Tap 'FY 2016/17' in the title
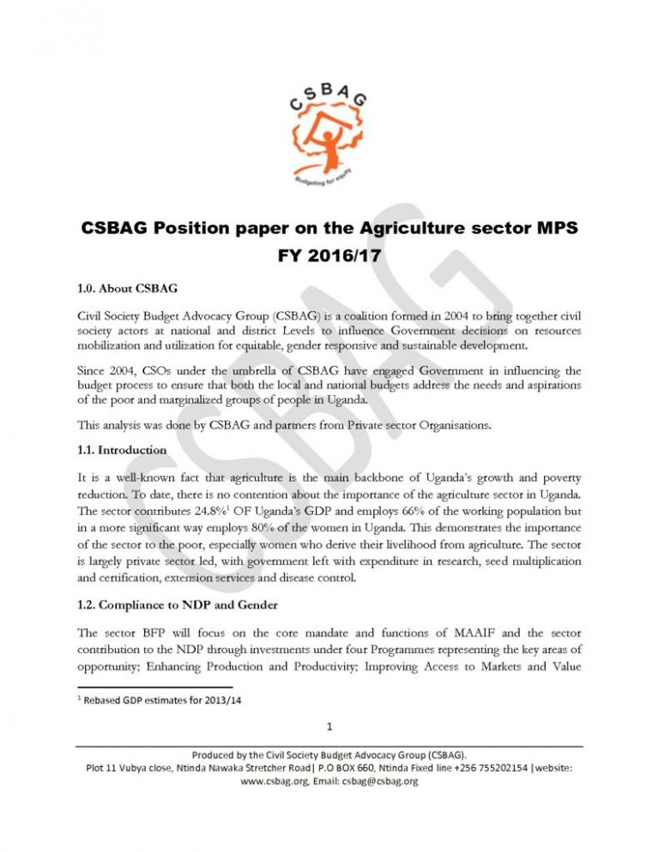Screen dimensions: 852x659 (x=329, y=256)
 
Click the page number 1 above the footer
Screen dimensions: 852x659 (x=329, y=729)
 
